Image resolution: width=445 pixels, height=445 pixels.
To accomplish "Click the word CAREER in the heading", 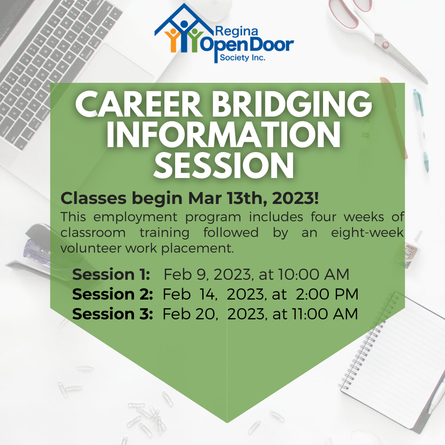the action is (139, 104).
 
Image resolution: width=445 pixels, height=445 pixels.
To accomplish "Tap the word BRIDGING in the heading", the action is (291, 104).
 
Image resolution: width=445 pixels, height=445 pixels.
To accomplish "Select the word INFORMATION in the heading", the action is (223, 134).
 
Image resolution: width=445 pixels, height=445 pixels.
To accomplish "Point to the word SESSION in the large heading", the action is (224, 165).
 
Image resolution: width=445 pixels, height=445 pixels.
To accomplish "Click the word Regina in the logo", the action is (237, 31).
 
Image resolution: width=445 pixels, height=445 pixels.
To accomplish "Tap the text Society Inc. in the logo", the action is (243, 58).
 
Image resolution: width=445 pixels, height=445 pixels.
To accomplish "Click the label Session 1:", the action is (111, 275).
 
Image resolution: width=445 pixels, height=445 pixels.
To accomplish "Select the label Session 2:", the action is (112, 294).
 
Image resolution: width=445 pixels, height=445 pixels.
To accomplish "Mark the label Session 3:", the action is (112, 314).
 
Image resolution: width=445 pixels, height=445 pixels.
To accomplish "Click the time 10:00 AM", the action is (313, 274).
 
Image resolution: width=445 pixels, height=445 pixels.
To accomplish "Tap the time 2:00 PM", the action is (327, 294).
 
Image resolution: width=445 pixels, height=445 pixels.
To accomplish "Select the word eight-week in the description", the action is (367, 233).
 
